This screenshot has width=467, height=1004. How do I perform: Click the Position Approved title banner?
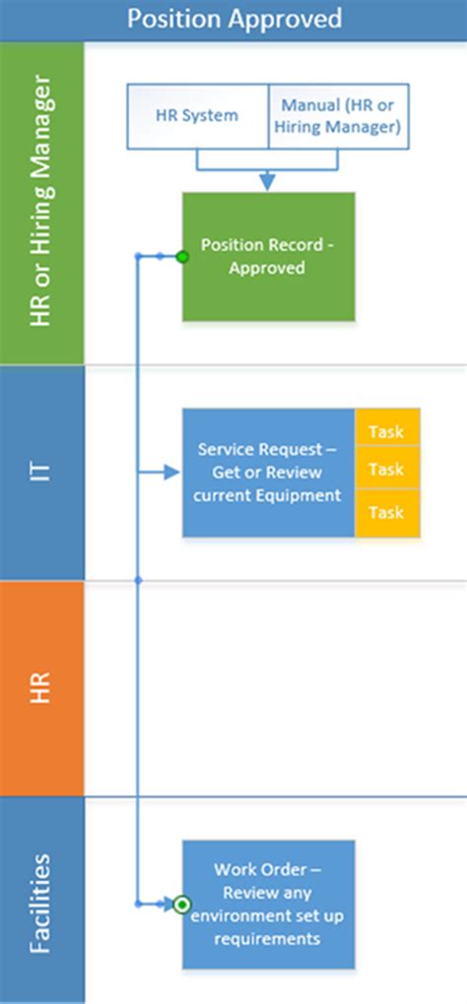233,20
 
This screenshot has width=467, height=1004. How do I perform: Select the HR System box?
197,116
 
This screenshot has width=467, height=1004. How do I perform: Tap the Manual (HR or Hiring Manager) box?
338,116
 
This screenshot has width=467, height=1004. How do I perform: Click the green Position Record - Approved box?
268,256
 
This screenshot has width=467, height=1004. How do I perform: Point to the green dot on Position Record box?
182,257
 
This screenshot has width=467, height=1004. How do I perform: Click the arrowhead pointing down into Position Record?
267,182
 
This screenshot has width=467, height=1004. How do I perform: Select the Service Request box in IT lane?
268,472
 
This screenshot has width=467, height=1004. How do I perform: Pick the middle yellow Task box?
387,469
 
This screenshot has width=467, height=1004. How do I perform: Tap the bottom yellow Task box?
387,513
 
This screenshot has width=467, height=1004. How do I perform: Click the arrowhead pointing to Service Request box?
171,472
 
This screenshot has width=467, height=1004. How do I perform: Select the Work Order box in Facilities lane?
268,905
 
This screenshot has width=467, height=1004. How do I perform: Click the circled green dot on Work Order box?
182,905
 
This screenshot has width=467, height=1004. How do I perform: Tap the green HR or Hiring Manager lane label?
41,203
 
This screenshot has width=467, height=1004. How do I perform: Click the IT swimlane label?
41,472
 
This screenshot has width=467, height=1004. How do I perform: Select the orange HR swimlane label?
41,688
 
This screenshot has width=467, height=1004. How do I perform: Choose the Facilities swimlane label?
41,900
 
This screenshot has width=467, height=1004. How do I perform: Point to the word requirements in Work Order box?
267,939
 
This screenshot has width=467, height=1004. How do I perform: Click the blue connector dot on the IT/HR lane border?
138,580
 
